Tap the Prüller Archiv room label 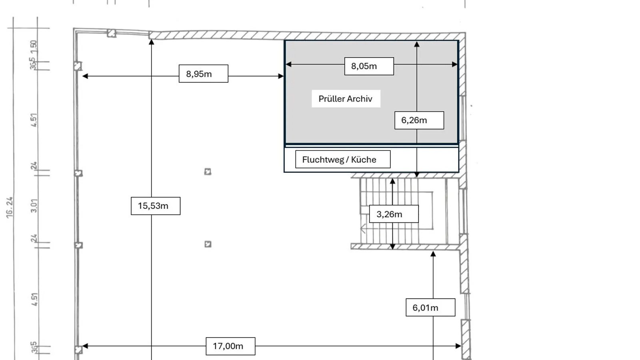coord(346,99)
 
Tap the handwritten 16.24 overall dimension coord(10,207)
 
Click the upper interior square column coord(208,172)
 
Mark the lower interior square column coord(208,244)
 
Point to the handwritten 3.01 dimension coord(34,205)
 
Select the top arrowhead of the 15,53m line coord(151,42)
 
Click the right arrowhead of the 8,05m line coord(455,64)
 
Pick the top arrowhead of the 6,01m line coord(433,254)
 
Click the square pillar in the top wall coord(112,33)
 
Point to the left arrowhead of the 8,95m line coord(85,76)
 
